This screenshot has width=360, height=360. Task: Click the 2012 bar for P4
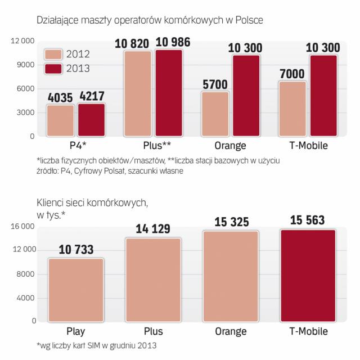(x=60, y=121)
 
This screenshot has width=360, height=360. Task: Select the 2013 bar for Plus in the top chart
(x=169, y=93)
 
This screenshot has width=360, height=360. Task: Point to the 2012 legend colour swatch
(x=53, y=54)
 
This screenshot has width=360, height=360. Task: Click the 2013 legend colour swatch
(x=53, y=68)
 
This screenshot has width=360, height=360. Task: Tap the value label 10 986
(x=173, y=42)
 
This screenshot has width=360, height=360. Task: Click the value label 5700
(x=216, y=84)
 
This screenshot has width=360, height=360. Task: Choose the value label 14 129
(x=154, y=230)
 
